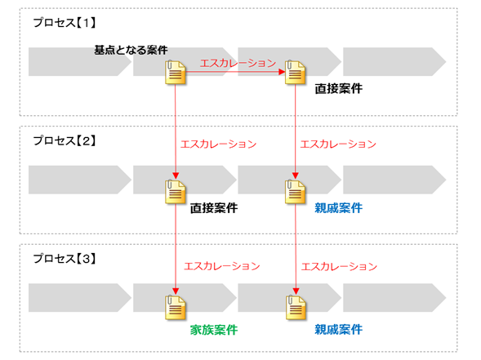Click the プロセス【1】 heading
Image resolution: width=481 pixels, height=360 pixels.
coord(65,23)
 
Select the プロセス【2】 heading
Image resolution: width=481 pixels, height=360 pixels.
coord(65,140)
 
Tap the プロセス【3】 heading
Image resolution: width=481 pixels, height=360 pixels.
coord(65,259)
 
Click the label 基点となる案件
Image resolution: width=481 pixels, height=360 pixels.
coord(131,50)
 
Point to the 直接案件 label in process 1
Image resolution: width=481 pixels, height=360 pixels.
coord(339,89)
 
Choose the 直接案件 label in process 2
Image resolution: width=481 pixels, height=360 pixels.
coord(214,208)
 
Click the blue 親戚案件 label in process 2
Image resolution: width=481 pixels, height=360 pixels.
coord(339,208)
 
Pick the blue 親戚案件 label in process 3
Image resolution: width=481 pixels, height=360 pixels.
coord(339,330)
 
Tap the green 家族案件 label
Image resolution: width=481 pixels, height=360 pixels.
coord(214,330)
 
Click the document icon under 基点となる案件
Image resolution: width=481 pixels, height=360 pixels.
coord(175,73)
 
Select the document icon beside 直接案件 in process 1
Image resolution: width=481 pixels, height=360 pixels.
coord(295,73)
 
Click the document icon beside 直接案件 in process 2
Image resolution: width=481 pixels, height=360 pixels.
coord(175,192)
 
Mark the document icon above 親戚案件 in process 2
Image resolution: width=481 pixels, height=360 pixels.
coord(295,192)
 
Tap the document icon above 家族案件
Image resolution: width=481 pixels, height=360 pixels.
coord(175,308)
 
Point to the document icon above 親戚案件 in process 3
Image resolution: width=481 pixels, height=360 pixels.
coord(296,308)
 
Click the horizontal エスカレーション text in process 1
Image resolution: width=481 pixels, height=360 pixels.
coord(238,63)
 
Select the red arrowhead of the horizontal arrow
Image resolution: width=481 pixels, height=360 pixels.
coord(282,72)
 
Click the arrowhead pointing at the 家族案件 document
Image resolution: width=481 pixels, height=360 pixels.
coord(176,291)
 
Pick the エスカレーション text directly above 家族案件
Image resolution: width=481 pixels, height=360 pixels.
coord(222,266)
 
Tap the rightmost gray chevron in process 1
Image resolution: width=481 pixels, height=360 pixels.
coord(394,62)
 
